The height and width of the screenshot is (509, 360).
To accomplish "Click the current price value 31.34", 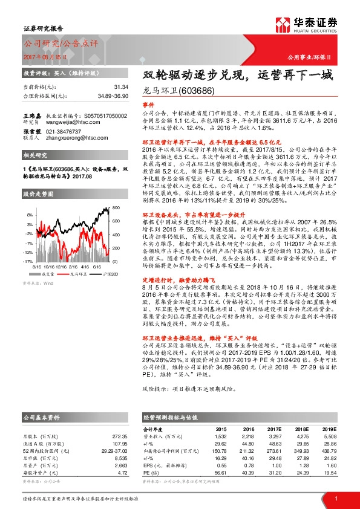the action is click(x=120, y=87).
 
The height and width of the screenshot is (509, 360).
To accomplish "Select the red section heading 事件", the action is click(x=148, y=105).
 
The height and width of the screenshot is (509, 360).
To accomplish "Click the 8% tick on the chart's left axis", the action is click(x=28, y=215).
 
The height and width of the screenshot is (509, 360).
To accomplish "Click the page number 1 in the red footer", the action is click(x=335, y=498).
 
